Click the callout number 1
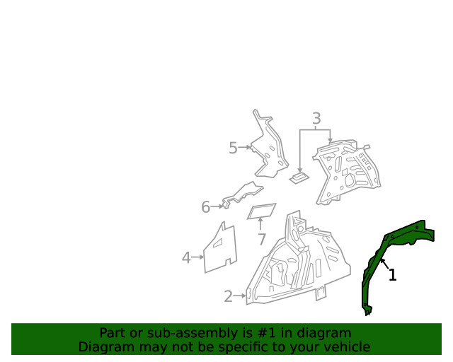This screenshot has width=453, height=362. [x=392, y=275]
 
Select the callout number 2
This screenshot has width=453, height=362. [x=228, y=296]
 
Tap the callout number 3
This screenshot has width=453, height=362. [x=316, y=118]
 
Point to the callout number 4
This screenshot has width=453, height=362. [x=186, y=258]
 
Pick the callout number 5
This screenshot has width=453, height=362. [x=233, y=148]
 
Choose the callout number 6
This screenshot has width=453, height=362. [x=205, y=207]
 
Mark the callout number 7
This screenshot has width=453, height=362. [x=261, y=239]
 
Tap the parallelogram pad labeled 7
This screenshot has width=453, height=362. [x=262, y=211]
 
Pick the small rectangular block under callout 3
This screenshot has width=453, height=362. [x=299, y=177]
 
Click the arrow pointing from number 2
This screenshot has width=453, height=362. [x=240, y=296]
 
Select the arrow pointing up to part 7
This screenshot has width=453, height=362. [x=260, y=224]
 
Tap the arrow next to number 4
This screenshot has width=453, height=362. [x=198, y=257]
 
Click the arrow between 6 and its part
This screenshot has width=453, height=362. [x=217, y=206]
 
